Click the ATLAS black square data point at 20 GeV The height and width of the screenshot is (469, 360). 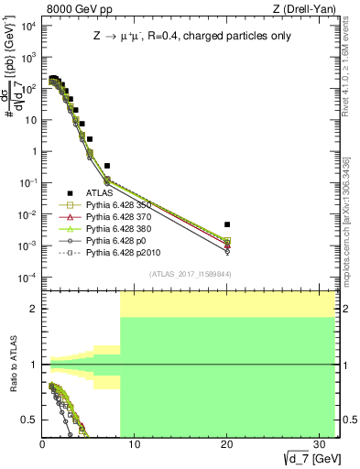pos(227,224)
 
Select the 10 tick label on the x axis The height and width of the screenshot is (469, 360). pos(135,443)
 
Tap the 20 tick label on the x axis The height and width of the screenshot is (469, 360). pos(227,443)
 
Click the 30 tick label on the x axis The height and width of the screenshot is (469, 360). pos(319,443)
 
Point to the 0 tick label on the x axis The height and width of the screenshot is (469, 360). pos(42,443)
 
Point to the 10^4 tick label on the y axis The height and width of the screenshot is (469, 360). pos(27,26)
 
